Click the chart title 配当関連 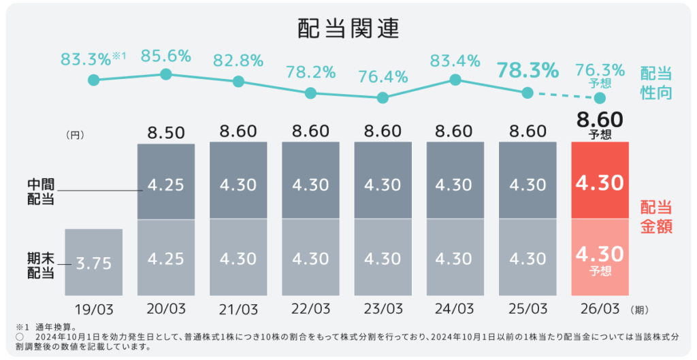[x=348, y=28]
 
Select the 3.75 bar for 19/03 [x=94, y=262]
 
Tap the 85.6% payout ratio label [x=165, y=56]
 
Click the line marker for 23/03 [x=383, y=98]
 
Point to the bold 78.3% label [x=528, y=69]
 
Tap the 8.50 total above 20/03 [x=166, y=133]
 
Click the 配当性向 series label [x=655, y=84]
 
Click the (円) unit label [x=75, y=135]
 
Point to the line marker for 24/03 [x=455, y=80]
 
